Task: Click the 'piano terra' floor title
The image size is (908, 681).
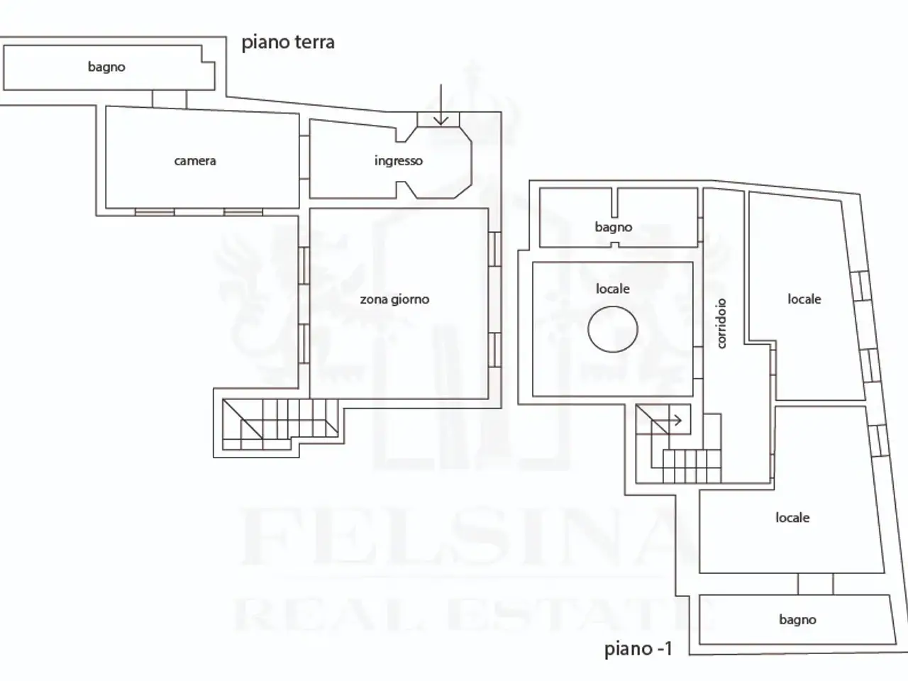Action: (x=288, y=43)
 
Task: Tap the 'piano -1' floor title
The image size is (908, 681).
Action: (x=638, y=648)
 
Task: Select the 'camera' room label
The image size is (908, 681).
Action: (x=195, y=161)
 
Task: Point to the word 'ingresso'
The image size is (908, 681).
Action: (x=399, y=161)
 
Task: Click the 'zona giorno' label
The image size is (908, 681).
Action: (x=394, y=299)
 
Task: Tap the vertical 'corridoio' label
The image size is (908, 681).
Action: (x=721, y=323)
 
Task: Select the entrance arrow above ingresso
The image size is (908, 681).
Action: (x=441, y=104)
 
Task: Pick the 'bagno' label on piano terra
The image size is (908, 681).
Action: (x=106, y=67)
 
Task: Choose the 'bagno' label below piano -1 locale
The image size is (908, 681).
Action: (x=797, y=620)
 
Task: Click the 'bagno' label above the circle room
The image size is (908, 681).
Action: (x=613, y=227)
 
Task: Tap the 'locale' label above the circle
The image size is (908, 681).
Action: (x=613, y=289)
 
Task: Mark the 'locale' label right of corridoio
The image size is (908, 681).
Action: (x=804, y=299)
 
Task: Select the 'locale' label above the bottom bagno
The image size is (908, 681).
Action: (x=792, y=518)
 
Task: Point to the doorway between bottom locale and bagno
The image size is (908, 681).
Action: (x=815, y=584)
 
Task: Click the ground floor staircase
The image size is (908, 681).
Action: (x=280, y=424)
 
